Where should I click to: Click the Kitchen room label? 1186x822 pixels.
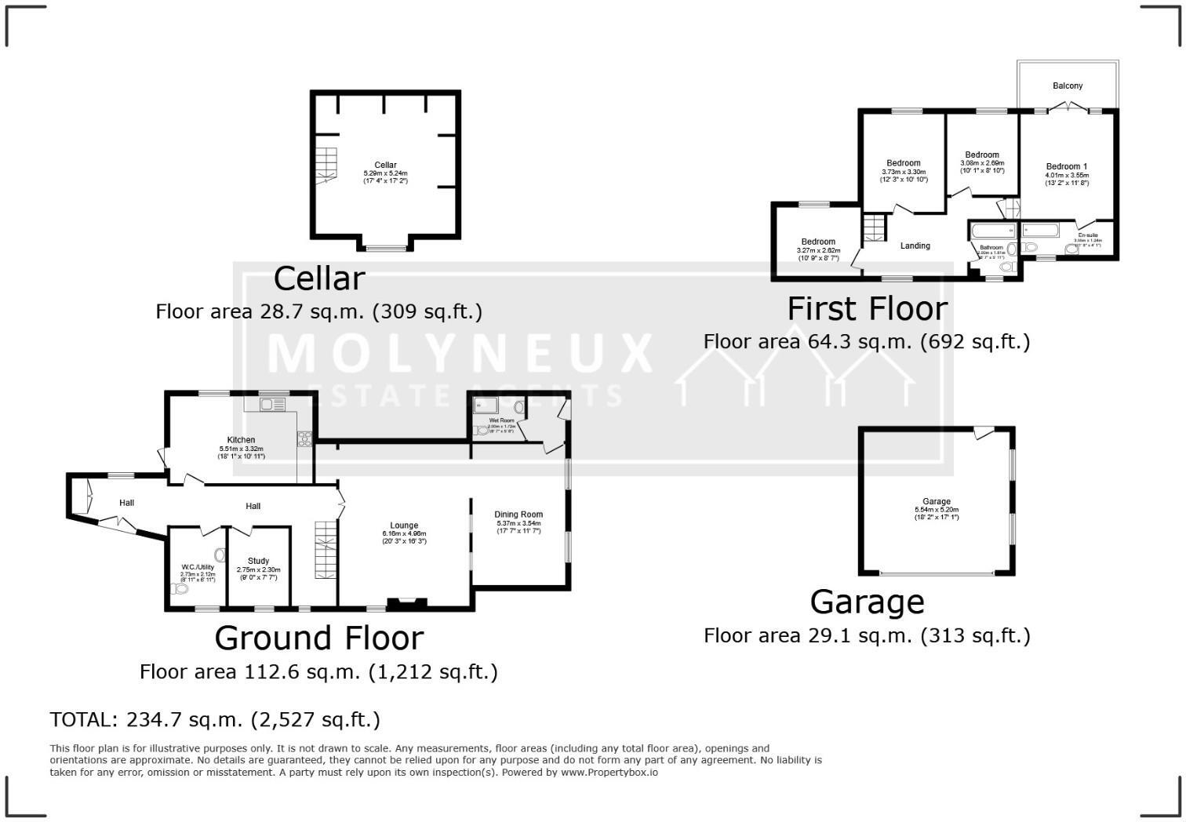click(241, 440)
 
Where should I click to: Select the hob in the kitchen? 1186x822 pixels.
click(304, 439)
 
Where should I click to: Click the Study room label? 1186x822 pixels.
click(258, 561)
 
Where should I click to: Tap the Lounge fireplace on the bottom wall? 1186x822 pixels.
click(407, 602)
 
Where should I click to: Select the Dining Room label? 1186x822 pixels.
click(518, 515)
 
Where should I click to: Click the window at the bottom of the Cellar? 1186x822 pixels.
click(384, 249)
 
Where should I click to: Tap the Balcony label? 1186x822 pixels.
click(1068, 85)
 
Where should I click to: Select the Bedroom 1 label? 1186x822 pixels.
click(1067, 166)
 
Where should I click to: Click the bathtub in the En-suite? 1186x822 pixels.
click(1040, 230)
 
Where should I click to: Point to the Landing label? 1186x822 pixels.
click(915, 246)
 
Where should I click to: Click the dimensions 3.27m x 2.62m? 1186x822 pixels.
click(818, 250)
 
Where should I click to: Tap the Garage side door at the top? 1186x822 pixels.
click(984, 431)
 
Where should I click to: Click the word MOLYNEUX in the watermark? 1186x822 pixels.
click(460, 354)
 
